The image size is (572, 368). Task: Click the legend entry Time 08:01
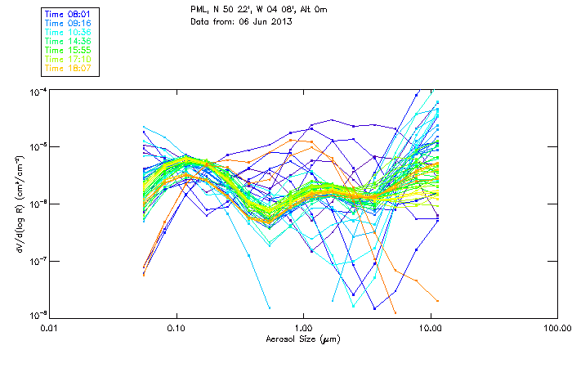(68, 14)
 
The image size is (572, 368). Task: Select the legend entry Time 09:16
(68, 23)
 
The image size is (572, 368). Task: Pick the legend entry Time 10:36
(68, 32)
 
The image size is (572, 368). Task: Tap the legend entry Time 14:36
(68, 41)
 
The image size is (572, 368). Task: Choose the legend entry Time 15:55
(68, 50)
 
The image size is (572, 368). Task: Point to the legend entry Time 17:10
(68, 59)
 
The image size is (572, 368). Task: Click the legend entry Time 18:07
(68, 68)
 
